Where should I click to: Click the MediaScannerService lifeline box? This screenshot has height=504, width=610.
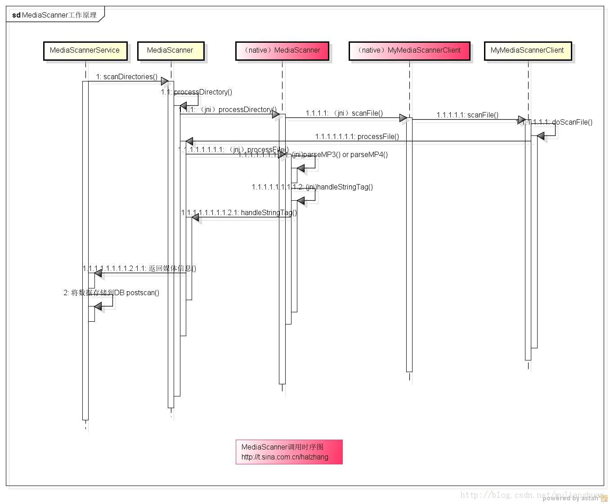(85, 50)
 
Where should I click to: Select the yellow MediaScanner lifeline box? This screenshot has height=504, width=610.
(170, 50)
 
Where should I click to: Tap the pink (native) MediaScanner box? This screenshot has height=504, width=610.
(282, 50)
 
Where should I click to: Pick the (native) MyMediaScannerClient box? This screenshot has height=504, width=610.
(409, 50)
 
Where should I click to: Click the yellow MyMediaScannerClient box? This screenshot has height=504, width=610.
(527, 50)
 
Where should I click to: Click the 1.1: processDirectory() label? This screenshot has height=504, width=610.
(197, 92)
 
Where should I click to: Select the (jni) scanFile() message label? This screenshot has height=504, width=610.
(344, 113)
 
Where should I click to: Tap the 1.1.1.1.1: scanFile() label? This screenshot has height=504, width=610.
(467, 115)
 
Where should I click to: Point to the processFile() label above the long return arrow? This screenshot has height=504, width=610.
(357, 136)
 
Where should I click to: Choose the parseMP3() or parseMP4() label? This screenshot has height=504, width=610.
(340, 154)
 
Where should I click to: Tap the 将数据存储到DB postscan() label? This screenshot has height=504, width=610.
(111, 292)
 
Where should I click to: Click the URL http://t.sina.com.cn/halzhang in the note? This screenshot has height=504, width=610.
(285, 457)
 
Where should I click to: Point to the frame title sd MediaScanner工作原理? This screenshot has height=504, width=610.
(54, 15)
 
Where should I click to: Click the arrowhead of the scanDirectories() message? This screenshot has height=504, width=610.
(165, 81)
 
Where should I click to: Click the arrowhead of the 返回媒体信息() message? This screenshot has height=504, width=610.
(98, 273)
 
